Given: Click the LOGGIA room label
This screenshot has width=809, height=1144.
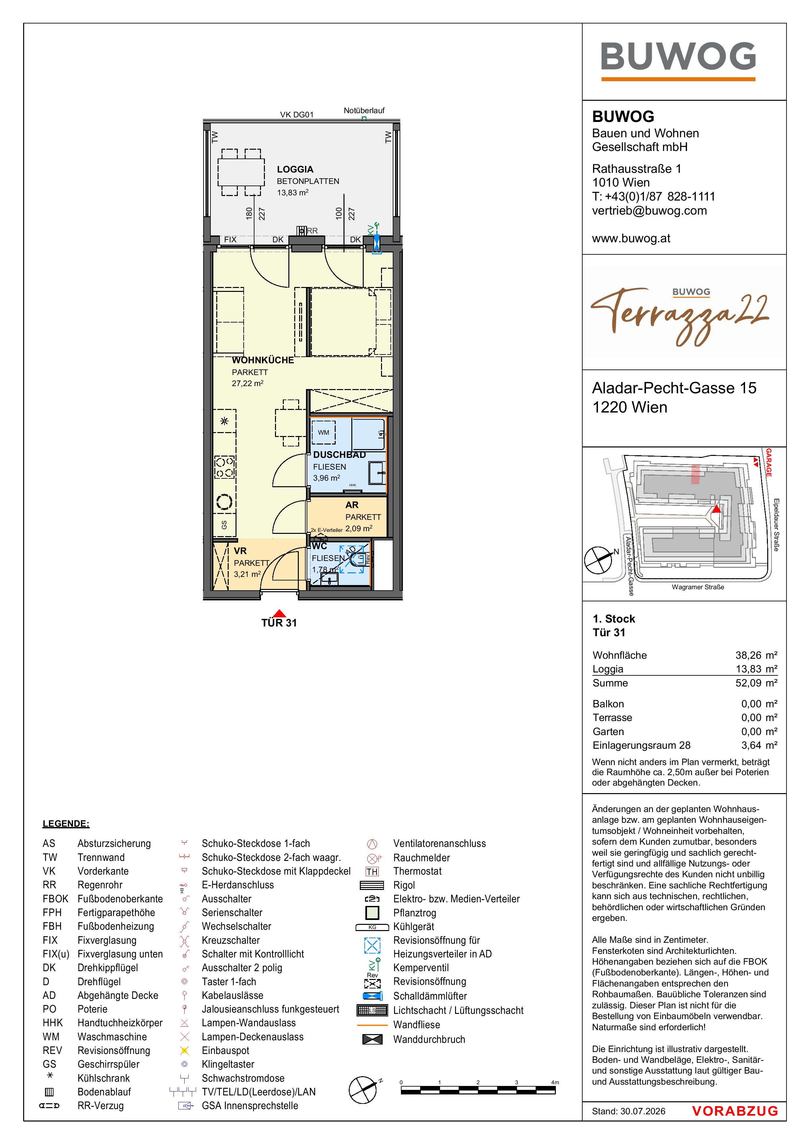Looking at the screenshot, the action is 295,169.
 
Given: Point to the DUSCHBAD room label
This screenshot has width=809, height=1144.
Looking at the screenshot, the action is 340,455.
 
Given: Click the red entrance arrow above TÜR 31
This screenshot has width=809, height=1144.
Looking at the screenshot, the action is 280,613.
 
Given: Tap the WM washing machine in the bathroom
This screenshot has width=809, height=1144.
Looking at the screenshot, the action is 324,432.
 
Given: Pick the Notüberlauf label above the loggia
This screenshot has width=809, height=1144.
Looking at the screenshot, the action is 364,111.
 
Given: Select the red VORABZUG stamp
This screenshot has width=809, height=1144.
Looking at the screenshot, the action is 735,1111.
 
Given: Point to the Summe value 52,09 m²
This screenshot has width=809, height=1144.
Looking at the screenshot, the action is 756,683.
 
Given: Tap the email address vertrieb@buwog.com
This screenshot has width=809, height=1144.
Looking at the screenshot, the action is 649,211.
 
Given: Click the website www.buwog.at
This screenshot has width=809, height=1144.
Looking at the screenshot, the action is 631,239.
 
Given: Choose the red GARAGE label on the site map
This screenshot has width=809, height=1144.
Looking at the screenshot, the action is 769,462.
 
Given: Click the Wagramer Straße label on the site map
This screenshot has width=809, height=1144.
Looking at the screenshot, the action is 697,587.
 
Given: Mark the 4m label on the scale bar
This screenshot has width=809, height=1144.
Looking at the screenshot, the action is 555,1082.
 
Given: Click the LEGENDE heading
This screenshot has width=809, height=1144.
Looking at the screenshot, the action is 66,824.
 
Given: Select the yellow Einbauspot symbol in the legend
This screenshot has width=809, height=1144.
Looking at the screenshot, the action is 184,1050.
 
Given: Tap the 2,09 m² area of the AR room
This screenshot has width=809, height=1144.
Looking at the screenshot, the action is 359,529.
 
